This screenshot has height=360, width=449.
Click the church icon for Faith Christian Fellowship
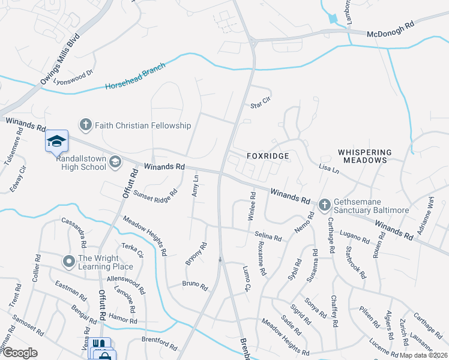(x=85, y=125)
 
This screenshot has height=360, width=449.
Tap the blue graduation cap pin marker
(x=56, y=141)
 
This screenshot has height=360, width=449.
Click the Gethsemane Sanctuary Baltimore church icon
(x=324, y=205)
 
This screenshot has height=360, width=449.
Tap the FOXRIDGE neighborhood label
(x=268, y=155)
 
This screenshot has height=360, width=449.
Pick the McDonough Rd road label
(x=391, y=35)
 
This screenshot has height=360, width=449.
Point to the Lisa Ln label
(x=329, y=170)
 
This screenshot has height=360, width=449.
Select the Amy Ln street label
(x=194, y=187)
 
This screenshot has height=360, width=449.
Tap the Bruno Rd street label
(x=195, y=286)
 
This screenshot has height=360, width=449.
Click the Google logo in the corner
(x=20, y=353)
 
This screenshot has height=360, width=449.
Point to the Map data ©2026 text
(x=423, y=355)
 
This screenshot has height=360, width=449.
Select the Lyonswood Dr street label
(x=74, y=77)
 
